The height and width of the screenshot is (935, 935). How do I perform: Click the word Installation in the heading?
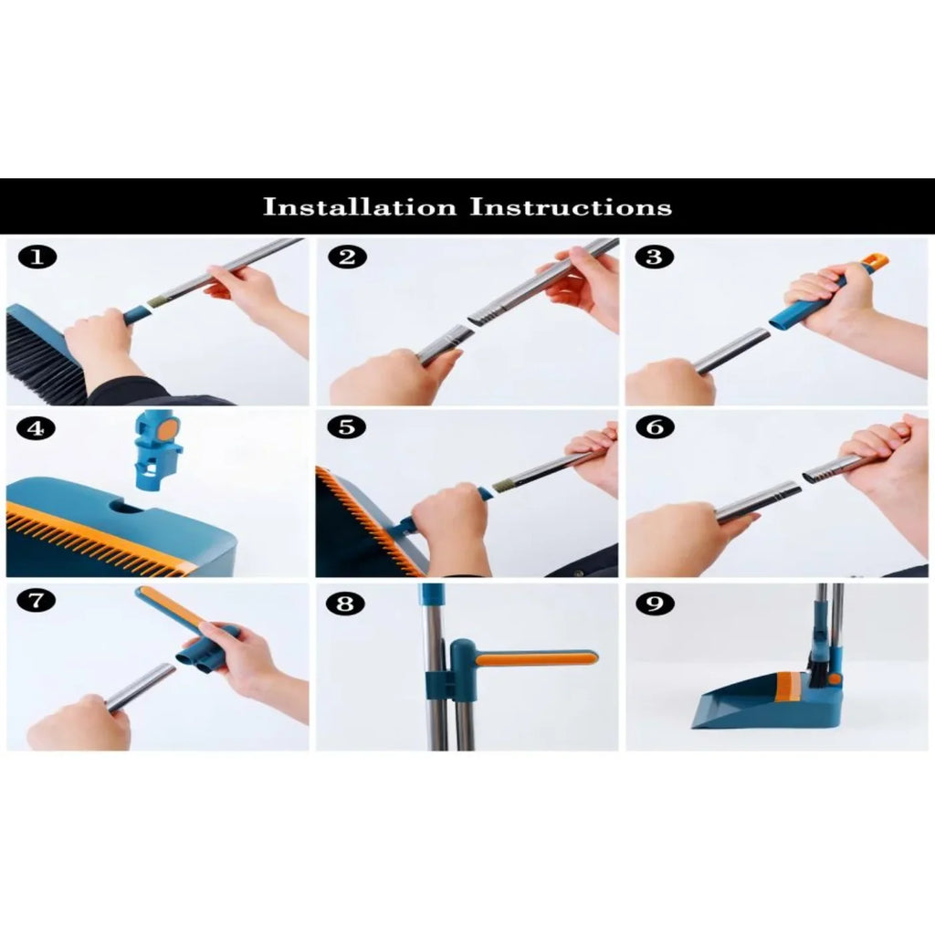coord(360,206)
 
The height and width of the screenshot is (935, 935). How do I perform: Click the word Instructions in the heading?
coord(571,206)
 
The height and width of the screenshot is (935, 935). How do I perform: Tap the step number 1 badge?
coord(37,257)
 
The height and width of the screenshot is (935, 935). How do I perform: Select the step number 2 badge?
coord(346,257)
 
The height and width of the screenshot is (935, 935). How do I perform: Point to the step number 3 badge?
coord(653,257)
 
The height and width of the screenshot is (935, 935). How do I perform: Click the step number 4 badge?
coord(37,427)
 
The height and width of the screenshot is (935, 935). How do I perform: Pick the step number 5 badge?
coord(346,427)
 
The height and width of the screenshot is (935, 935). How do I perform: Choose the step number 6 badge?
coord(653,427)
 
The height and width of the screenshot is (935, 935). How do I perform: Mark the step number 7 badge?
coord(37,602)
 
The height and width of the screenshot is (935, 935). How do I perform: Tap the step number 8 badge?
coord(346,604)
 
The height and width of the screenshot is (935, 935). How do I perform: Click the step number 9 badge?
coord(653,604)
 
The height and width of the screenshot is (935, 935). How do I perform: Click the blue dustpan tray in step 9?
coord(730,703)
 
